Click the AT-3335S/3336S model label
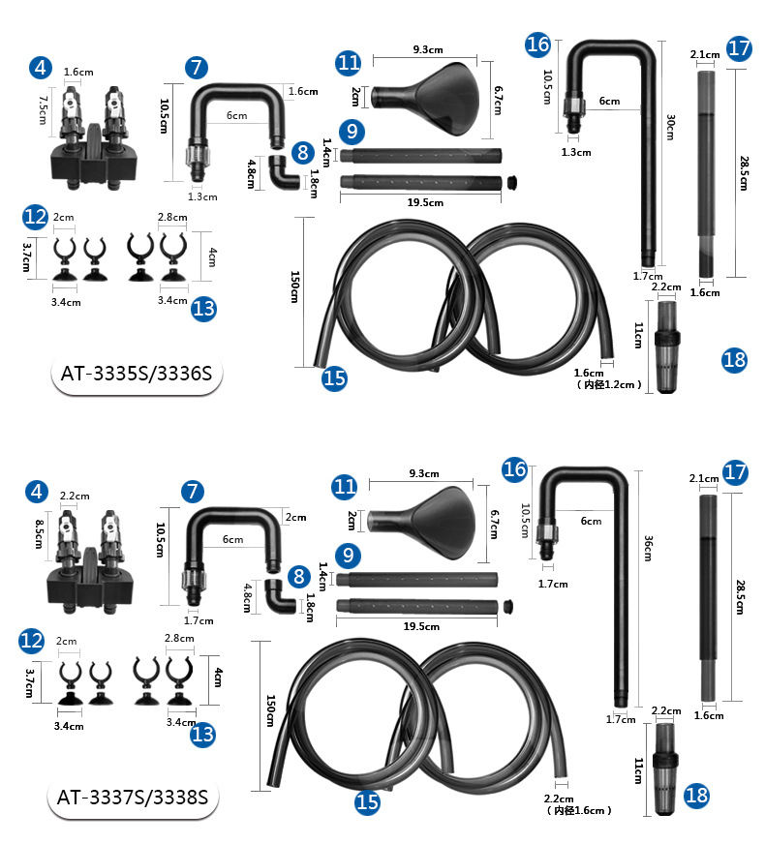tap(136, 375)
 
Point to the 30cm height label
tap(670, 128)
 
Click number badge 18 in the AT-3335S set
tap(734, 360)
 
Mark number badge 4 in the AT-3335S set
tap(40, 68)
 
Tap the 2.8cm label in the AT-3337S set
tap(180, 638)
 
